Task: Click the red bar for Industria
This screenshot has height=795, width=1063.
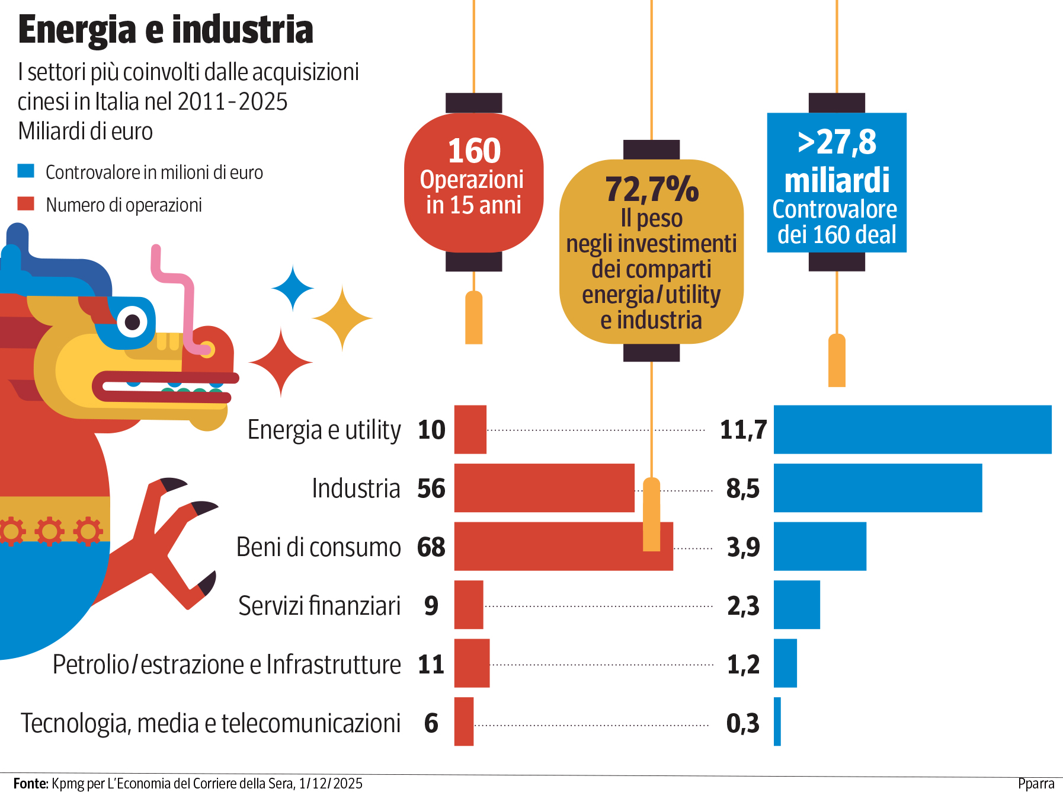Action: tap(544, 488)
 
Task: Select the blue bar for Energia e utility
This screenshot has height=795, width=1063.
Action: tap(912, 429)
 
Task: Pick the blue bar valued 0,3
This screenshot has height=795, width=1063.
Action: tap(777, 721)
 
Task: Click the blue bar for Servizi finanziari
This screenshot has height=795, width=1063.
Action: tap(796, 605)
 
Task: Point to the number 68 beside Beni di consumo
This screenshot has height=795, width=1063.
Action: tap(431, 547)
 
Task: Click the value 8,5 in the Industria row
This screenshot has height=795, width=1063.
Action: tap(742, 489)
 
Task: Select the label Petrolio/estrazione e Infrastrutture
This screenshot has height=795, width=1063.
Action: tap(226, 664)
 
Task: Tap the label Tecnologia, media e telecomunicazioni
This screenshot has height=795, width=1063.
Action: tap(210, 723)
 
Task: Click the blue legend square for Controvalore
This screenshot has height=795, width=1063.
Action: tap(26, 171)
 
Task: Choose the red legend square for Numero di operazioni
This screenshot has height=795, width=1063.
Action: tap(26, 204)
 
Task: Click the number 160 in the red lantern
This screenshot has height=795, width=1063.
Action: tap(474, 151)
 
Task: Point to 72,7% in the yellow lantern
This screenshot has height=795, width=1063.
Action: tap(652, 189)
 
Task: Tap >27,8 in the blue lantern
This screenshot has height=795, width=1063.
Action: tap(837, 142)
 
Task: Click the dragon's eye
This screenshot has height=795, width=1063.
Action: tap(132, 322)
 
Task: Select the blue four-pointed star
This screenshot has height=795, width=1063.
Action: tap(293, 288)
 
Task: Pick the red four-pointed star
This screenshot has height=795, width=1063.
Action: tap(281, 362)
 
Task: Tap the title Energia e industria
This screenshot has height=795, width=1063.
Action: tap(165, 30)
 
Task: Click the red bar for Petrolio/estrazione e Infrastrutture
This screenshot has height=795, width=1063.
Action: tap(472, 663)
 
